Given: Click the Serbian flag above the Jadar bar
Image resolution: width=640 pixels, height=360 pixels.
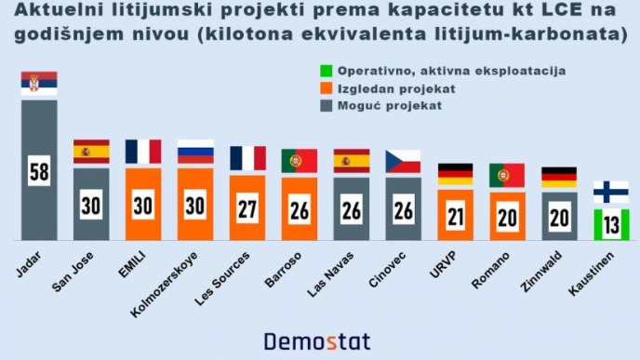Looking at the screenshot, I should [x=39, y=83].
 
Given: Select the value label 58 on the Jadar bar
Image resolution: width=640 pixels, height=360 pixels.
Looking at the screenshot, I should [x=39, y=173].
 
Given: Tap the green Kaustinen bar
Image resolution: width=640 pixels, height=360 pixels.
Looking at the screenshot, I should [x=612, y=223].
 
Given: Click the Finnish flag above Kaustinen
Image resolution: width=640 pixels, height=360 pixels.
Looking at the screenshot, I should [x=612, y=193].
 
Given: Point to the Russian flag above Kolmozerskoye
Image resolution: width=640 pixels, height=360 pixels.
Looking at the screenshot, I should [x=195, y=152].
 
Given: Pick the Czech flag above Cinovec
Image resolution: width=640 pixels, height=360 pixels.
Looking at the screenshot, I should [x=403, y=161].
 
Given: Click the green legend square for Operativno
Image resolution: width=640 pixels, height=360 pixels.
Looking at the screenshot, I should [x=326, y=71].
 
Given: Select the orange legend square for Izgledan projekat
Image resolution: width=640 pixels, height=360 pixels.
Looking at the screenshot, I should [x=326, y=88].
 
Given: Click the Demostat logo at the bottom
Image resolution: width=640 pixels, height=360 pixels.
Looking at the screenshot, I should [x=318, y=340].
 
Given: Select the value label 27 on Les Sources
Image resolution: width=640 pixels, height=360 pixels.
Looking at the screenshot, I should [x=247, y=209].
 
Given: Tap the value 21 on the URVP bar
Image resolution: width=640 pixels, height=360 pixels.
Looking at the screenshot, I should [x=455, y=217].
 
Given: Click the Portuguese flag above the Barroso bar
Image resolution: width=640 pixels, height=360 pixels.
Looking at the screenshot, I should [x=300, y=160].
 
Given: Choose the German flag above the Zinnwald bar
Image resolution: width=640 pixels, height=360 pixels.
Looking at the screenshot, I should [x=559, y=178].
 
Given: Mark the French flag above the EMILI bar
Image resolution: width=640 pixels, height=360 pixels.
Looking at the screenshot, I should [x=143, y=152].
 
